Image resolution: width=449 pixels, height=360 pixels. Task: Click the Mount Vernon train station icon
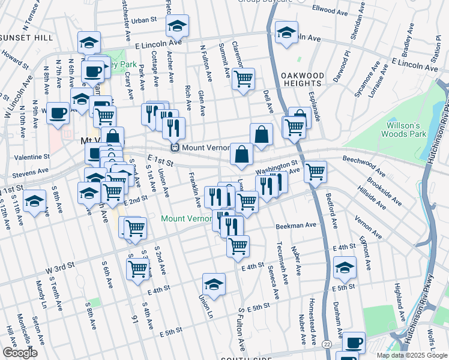pos(175,147)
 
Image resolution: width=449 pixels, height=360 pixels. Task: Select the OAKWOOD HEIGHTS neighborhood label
pos(303,80)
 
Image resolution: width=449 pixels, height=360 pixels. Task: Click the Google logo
pos(20,353)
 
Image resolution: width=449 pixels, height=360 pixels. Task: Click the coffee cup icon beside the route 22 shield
pos(353,342)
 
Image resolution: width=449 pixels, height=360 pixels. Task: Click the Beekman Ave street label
pos(296,226)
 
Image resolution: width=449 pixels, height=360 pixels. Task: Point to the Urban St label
pos(144,20)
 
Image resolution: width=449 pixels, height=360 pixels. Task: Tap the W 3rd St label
pos(58,265)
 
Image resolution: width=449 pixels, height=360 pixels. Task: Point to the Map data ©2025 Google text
pos(412,355)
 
